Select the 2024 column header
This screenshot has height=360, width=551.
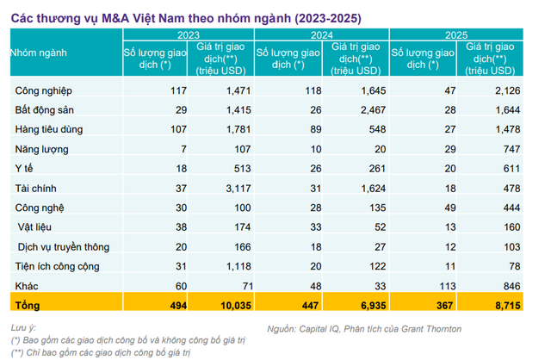point(321,34)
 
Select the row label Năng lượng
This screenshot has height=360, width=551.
point(41,149)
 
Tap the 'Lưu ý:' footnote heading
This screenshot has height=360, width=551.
point(23,329)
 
